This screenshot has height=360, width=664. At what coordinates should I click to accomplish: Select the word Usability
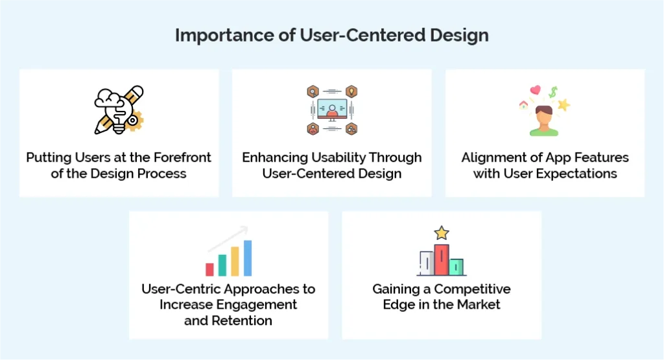(331, 158)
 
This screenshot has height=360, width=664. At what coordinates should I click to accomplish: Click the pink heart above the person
(535, 91)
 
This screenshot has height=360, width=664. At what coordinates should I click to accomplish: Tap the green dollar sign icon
(553, 92)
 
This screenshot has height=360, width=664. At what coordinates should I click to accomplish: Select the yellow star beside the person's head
(563, 104)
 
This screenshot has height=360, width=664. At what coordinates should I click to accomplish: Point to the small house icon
(523, 104)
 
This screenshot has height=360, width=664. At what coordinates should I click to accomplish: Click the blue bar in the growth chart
(247, 258)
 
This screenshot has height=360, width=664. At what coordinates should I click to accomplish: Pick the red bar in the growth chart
(209, 269)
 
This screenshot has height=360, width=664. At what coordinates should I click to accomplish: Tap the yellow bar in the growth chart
(235, 261)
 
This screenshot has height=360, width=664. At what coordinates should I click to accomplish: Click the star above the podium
(442, 232)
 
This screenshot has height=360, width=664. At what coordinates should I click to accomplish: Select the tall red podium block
(442, 260)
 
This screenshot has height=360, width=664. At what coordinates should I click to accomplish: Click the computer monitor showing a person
(332, 111)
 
